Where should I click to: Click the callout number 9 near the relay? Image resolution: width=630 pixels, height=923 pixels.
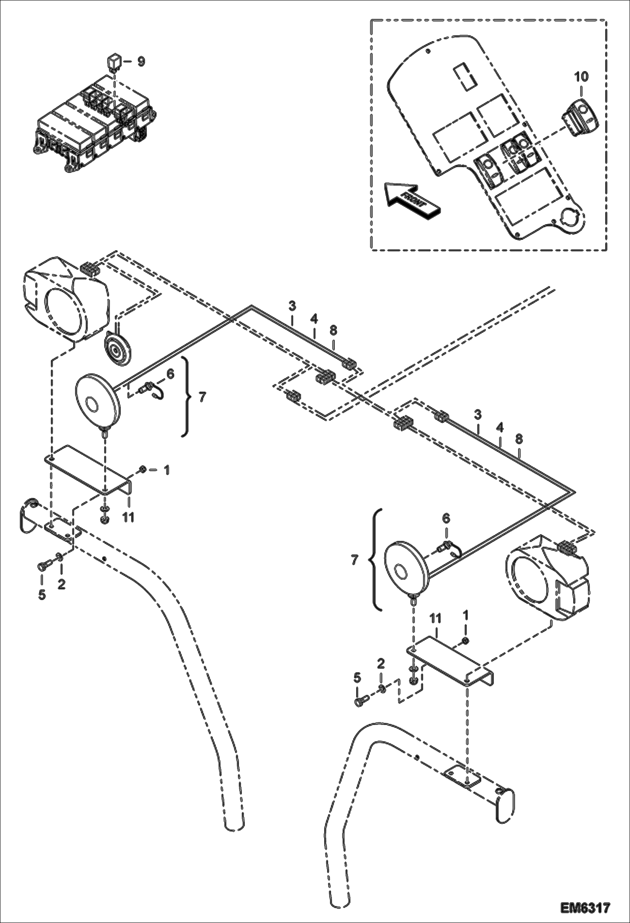click(141, 61)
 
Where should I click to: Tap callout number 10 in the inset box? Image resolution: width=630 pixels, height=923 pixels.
click(581, 77)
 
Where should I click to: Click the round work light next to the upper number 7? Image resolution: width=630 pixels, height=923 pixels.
click(97, 400)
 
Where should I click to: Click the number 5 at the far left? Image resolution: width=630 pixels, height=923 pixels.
click(42, 595)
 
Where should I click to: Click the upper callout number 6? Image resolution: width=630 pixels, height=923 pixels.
click(170, 373)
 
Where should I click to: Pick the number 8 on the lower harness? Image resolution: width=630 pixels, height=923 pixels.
click(519, 439)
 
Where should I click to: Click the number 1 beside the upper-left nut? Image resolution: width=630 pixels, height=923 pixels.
click(167, 470)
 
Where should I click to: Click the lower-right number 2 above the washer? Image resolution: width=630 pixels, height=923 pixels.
click(381, 664)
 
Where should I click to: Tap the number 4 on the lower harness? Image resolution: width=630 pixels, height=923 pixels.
click(499, 428)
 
